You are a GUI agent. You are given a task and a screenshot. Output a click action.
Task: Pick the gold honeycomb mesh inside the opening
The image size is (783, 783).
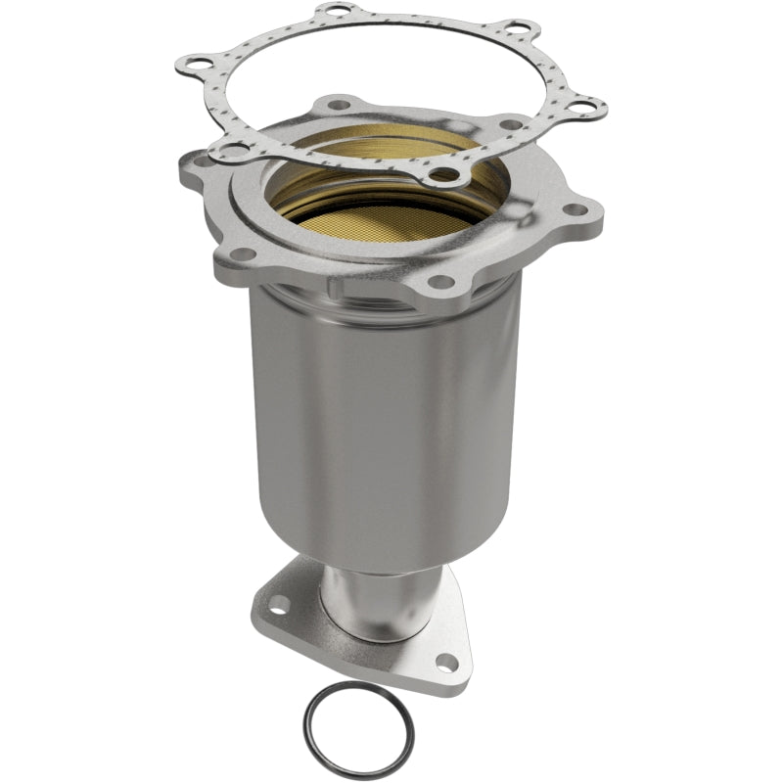point(391,210)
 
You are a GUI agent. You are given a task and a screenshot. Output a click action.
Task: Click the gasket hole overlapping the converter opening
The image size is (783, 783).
point(444,176)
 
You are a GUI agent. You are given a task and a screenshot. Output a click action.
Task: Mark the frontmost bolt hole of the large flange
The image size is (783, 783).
point(441,282)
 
